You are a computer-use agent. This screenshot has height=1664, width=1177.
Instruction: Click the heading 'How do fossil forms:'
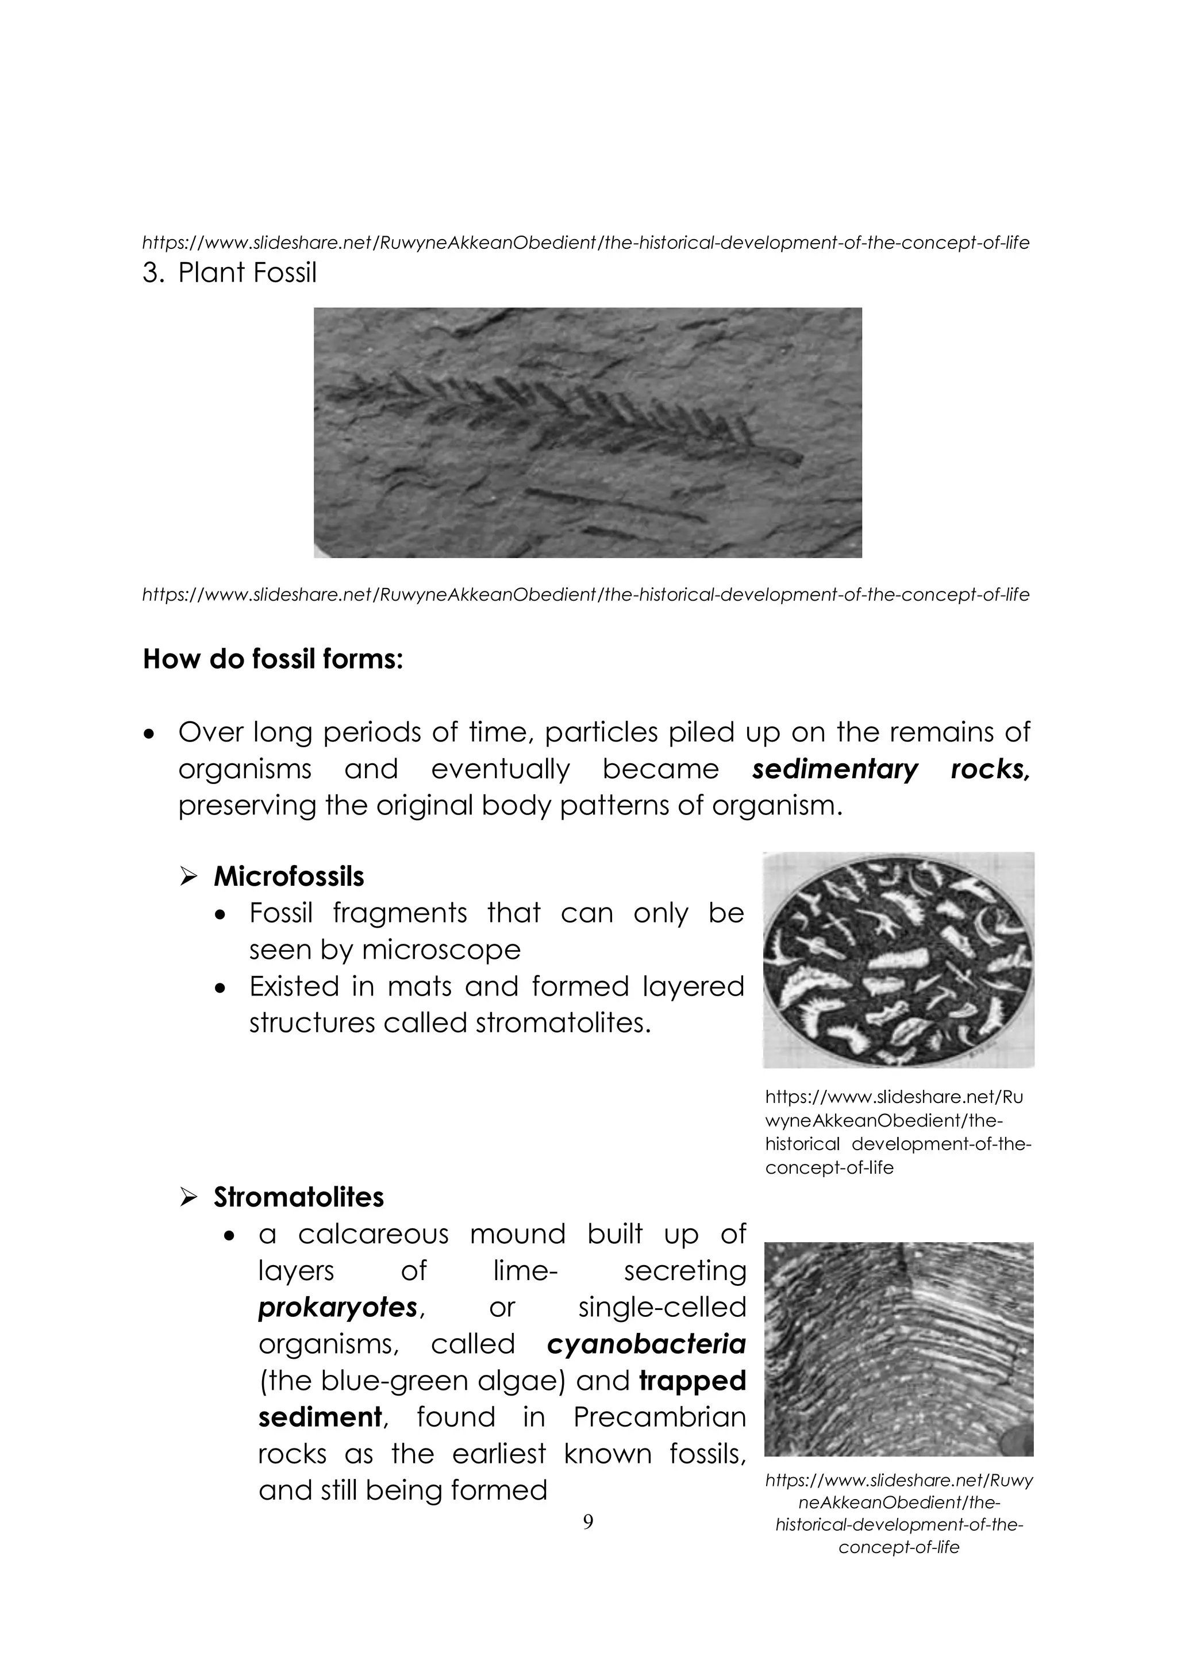pyautogui.click(x=272, y=659)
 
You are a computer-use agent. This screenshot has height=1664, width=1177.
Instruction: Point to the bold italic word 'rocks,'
pyautogui.click(x=990, y=769)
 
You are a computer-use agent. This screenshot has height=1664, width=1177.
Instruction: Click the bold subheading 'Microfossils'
pyautogui.click(x=289, y=877)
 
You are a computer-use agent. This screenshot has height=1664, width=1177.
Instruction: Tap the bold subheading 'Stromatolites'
pyautogui.click(x=299, y=1197)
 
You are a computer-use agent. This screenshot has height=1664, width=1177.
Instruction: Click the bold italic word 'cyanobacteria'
pyautogui.click(x=646, y=1344)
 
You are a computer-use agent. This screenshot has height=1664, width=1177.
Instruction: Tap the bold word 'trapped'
pyautogui.click(x=692, y=1381)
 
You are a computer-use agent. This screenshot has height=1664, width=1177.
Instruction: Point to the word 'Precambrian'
pyautogui.click(x=660, y=1417)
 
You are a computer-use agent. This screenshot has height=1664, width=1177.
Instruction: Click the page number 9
pyautogui.click(x=588, y=1522)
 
